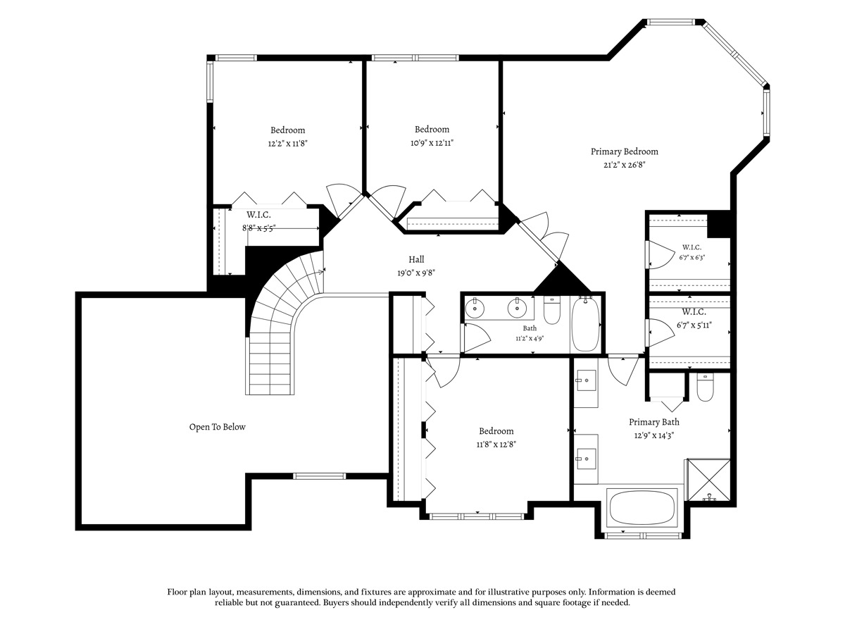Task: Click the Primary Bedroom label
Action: (624, 151)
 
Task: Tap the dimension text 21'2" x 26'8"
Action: (624, 165)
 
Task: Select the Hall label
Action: (416, 259)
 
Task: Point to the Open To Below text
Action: (217, 426)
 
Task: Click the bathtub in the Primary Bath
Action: (641, 508)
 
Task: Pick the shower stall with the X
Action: (708, 480)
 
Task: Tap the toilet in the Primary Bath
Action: (705, 387)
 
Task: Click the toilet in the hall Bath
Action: (551, 310)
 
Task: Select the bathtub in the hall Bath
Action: (585, 325)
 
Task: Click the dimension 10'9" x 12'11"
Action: (432, 143)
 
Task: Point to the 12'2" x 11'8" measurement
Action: (287, 144)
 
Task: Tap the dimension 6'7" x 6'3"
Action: (691, 258)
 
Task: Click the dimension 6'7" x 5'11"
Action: (694, 325)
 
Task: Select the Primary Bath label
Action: (653, 422)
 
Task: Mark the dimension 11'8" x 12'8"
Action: (496, 445)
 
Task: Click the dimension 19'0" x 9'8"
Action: (416, 273)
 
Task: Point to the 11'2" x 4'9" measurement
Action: (530, 339)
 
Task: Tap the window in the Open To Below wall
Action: (319, 476)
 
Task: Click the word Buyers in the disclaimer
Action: (337, 602)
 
